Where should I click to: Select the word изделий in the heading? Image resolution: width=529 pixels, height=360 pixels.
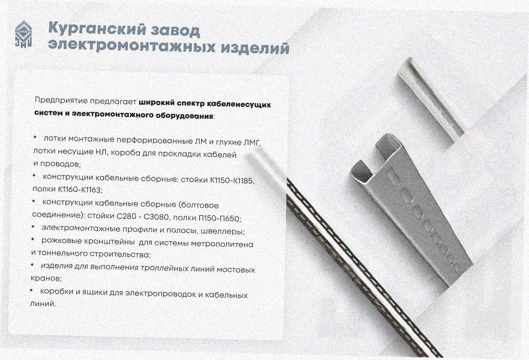pyautogui.click(x=255, y=48)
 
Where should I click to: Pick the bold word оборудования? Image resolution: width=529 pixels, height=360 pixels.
pyautogui.click(x=184, y=116)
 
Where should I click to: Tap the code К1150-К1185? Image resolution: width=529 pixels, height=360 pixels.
pyautogui.click(x=232, y=180)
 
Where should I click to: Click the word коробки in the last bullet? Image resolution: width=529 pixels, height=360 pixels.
pyautogui.click(x=57, y=291)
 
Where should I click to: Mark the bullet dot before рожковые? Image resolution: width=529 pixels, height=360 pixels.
pyautogui.click(x=33, y=239)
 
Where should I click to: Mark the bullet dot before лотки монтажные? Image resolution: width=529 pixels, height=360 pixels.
pyautogui.click(x=34, y=137)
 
